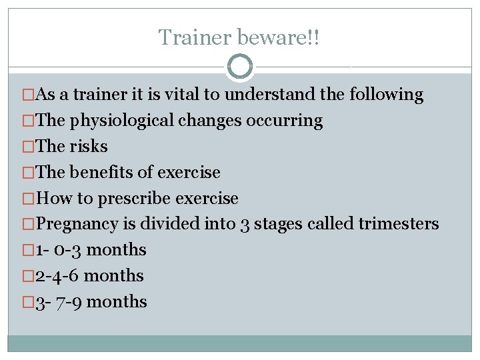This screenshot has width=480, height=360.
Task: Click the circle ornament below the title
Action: [240, 67]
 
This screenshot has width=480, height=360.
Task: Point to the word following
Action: [386, 95]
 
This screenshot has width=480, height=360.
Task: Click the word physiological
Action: [121, 121]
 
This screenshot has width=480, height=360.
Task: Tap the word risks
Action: [89, 147]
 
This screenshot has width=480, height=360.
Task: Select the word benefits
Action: [100, 173]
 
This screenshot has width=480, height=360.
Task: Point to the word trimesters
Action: [399, 224]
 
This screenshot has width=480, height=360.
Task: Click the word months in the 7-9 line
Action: [117, 302]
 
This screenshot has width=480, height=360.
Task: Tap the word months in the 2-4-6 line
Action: [114, 276]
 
